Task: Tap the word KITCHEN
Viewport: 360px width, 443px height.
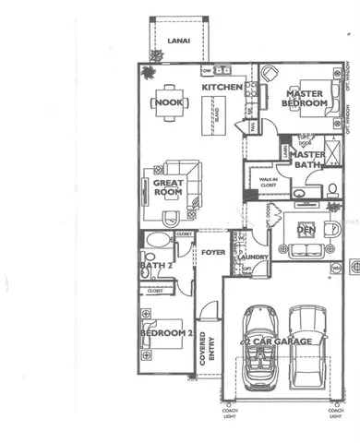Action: pyautogui.click(x=222, y=88)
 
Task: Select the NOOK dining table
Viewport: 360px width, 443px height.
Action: pyautogui.click(x=172, y=102)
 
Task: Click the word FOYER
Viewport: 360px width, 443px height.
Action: pyautogui.click(x=214, y=251)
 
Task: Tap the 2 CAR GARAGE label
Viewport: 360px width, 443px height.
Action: pyautogui.click(x=275, y=341)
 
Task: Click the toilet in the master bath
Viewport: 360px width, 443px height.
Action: pyautogui.click(x=331, y=190)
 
